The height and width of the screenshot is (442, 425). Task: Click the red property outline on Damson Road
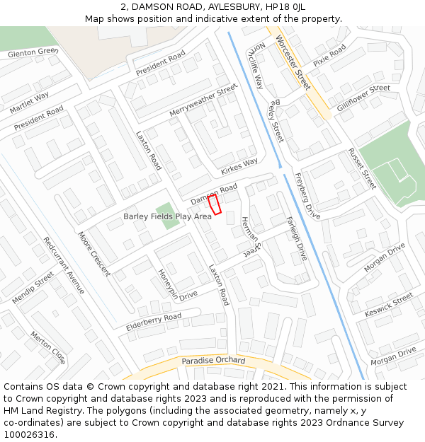(215, 204)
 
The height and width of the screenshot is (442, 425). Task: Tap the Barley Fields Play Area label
(167, 216)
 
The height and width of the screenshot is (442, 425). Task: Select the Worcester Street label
(293, 62)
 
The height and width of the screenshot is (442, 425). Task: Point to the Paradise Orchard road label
(213, 361)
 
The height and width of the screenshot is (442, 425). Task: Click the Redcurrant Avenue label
(64, 265)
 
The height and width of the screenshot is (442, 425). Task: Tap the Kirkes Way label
(239, 166)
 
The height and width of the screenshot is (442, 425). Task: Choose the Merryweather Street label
(203, 100)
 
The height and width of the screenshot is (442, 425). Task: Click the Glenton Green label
(32, 53)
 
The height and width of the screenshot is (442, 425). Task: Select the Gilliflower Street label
(363, 97)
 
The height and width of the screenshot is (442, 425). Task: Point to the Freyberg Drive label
(307, 196)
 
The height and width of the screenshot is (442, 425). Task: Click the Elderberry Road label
(154, 322)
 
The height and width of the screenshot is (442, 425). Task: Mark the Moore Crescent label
(94, 253)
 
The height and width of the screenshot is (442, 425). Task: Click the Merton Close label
(48, 347)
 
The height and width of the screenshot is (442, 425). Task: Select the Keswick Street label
(388, 305)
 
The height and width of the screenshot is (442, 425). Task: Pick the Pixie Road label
(329, 55)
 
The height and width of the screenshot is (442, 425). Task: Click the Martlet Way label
(30, 103)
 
